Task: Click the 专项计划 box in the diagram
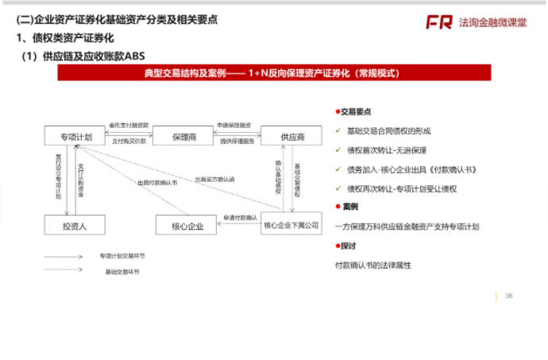tap(76, 137)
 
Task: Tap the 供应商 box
tap(291, 137)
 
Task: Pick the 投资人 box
tap(75, 226)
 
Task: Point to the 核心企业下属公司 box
tap(291, 226)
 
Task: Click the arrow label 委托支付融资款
tap(129, 125)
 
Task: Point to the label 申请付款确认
tap(239, 217)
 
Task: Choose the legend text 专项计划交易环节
tap(122, 256)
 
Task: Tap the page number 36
tap(508, 296)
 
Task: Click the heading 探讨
tap(349, 246)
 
